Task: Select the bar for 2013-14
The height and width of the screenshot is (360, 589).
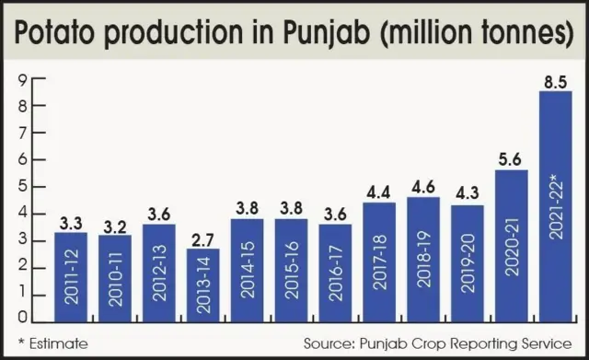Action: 202,285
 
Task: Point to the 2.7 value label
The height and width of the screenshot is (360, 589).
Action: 202,238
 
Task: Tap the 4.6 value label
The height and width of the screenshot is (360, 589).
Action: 423,187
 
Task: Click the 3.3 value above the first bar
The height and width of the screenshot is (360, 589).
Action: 70,223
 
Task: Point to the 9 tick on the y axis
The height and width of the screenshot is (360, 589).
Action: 20,78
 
